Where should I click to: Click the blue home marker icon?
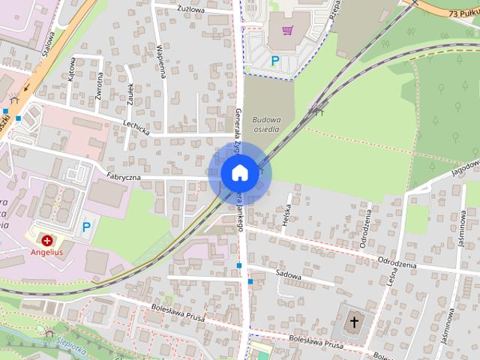238,172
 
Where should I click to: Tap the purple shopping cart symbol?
287,31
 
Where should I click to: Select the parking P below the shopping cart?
275,61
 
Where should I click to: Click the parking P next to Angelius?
86,226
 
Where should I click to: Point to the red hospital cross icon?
48,240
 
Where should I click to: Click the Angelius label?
48,253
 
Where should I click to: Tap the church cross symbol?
354,322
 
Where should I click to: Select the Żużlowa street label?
191,10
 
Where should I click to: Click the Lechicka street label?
137,129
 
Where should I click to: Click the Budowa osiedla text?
265,124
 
